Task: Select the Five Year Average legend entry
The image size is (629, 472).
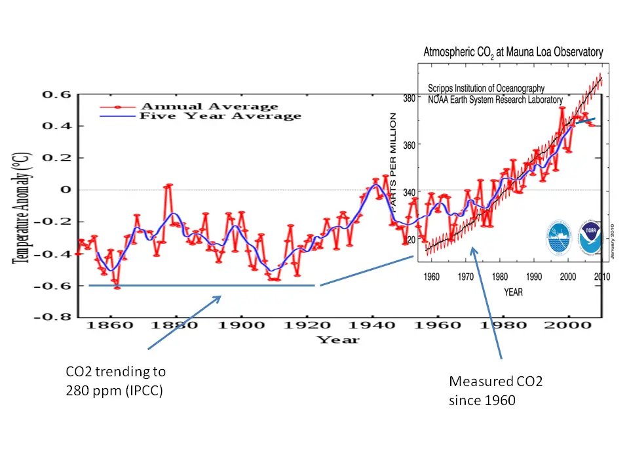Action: pyautogui.click(x=221, y=116)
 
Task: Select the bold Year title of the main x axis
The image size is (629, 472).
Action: pyautogui.click(x=338, y=340)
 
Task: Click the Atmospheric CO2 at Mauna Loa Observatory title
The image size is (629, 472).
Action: pyautogui.click(x=513, y=52)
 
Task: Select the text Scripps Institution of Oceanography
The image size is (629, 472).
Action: pyautogui.click(x=486, y=88)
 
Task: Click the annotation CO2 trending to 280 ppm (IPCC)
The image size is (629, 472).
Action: pyautogui.click(x=115, y=381)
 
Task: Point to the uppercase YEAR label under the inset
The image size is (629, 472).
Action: pyautogui.click(x=514, y=292)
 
